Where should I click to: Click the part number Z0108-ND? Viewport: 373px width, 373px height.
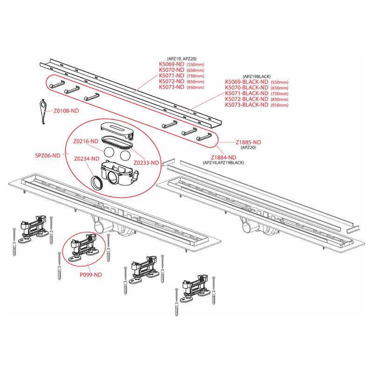[x=66, y=111]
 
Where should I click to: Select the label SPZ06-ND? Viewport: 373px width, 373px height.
[x=48, y=156]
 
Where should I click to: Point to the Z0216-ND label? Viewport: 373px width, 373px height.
[x=86, y=141]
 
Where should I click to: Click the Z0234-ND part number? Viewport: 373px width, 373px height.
[x=87, y=159]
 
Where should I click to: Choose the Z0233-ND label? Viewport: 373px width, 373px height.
[x=146, y=163]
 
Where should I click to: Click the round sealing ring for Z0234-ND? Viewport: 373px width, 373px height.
[x=97, y=182]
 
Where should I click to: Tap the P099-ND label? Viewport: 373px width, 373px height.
[x=91, y=275]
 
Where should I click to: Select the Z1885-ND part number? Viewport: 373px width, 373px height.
[x=249, y=142]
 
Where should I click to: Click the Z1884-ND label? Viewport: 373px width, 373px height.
[x=224, y=158]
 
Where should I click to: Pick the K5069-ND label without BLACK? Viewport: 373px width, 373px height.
[x=172, y=64]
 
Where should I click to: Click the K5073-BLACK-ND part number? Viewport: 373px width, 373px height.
[x=247, y=104]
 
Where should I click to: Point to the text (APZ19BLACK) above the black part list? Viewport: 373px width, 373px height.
[x=257, y=76]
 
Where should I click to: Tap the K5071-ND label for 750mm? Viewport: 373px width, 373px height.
[x=172, y=76]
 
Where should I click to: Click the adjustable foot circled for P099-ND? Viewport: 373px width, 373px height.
[x=83, y=248]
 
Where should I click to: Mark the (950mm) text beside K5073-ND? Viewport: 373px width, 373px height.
[x=195, y=87]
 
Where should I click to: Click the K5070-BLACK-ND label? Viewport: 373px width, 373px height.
[x=247, y=88]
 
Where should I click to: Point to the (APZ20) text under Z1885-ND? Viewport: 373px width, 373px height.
[x=249, y=147]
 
